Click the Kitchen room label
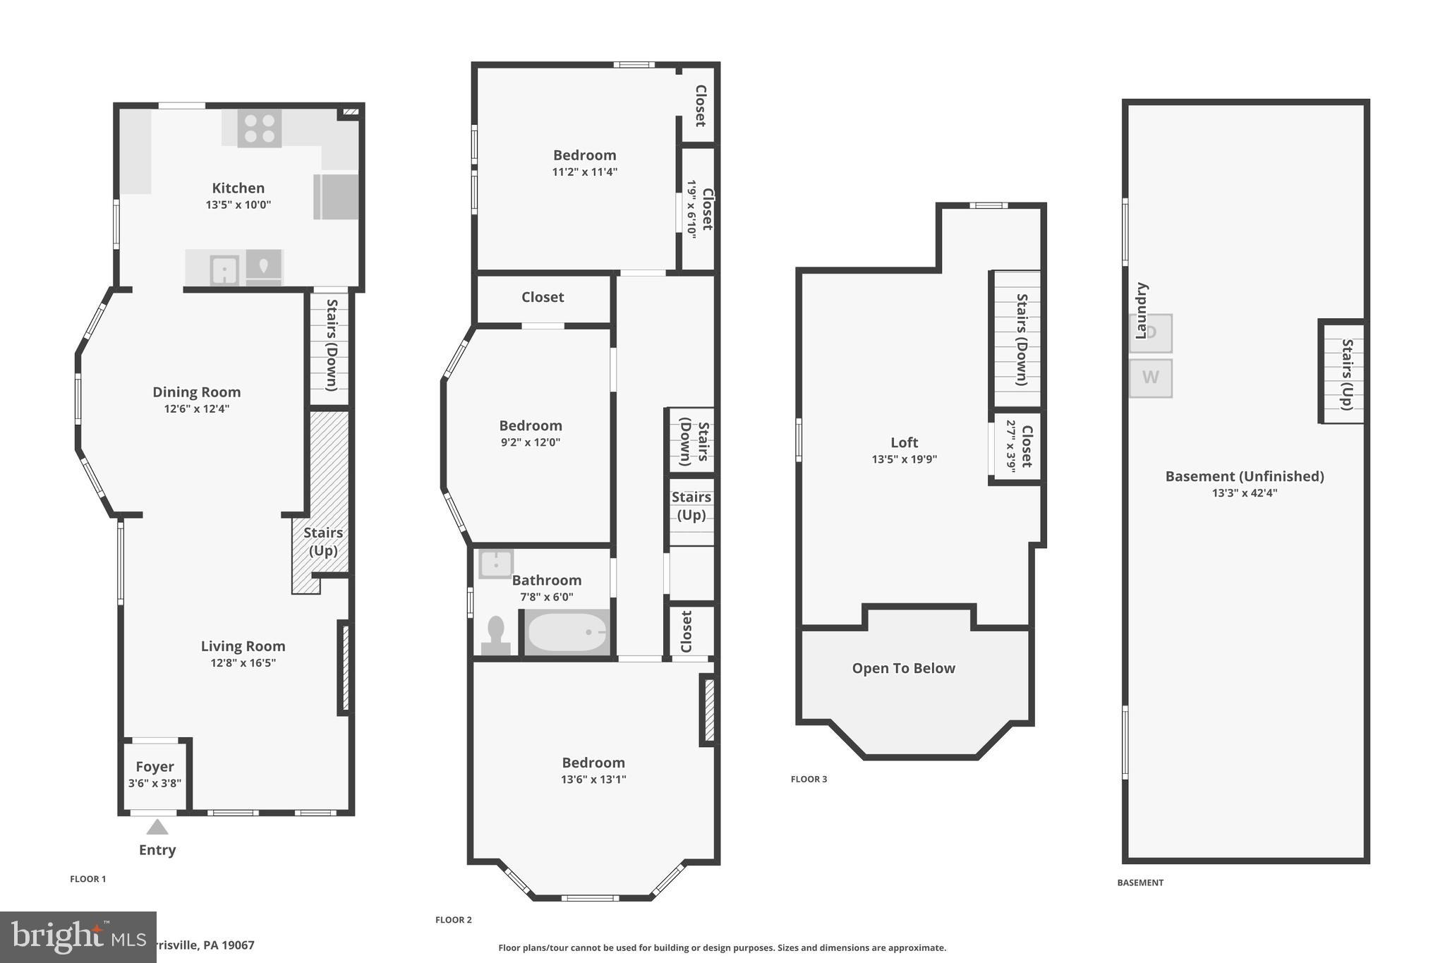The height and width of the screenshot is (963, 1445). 238,188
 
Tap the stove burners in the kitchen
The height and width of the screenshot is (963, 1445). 259,128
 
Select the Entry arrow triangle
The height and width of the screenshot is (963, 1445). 157,827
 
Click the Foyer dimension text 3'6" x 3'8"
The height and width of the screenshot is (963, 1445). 155,783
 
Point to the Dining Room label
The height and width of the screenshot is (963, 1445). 196,392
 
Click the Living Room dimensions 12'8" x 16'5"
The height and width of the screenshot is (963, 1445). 243,662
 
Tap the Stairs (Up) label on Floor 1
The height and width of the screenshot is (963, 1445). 323,541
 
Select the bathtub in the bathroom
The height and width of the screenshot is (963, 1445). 567,632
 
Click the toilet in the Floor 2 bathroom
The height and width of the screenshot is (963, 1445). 495,635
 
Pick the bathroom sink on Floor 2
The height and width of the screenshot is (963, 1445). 495,564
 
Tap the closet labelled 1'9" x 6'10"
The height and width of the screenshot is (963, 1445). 699,209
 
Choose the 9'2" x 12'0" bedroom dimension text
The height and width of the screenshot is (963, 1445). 530,442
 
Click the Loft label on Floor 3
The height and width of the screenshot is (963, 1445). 904,442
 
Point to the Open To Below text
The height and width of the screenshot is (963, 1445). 903,668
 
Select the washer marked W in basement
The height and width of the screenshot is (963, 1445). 1150,377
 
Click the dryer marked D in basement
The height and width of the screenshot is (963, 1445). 1150,333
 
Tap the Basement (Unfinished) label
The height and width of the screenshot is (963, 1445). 1244,476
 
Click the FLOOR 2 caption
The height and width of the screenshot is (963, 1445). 453,919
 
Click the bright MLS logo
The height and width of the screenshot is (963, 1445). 78,936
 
